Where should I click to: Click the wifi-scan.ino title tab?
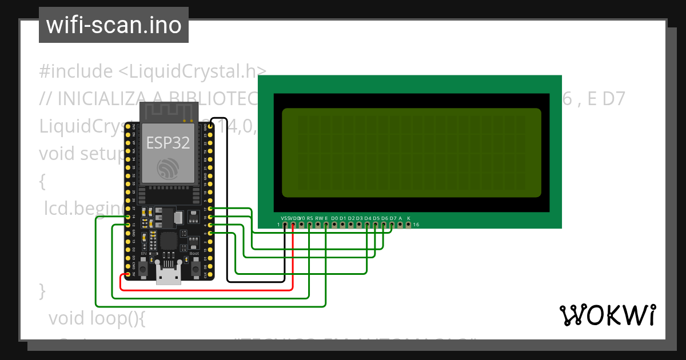(113, 25)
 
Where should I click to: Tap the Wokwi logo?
(607, 315)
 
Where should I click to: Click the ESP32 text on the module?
(168, 143)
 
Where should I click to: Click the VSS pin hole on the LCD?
(285, 225)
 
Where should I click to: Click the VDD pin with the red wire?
(293, 225)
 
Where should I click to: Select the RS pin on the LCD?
(309, 225)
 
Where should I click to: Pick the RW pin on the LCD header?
(318, 225)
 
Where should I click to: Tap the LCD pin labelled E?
(326, 225)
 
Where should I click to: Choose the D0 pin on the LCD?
(334, 225)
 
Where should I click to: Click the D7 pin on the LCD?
(392, 225)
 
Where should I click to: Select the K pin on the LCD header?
(408, 225)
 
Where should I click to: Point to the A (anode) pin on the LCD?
(400, 225)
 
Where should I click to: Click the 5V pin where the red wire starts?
(127, 275)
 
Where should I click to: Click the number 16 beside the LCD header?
(417, 225)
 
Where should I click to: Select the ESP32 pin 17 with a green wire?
(211, 209)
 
